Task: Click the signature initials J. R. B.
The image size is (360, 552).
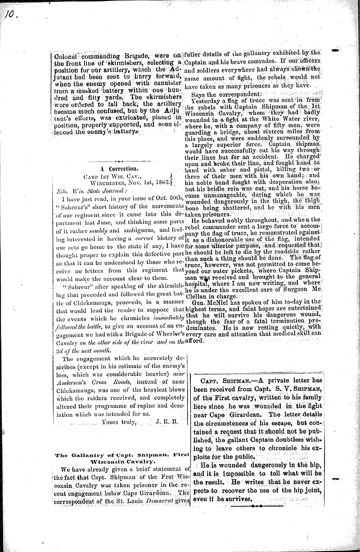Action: point(167,422)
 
